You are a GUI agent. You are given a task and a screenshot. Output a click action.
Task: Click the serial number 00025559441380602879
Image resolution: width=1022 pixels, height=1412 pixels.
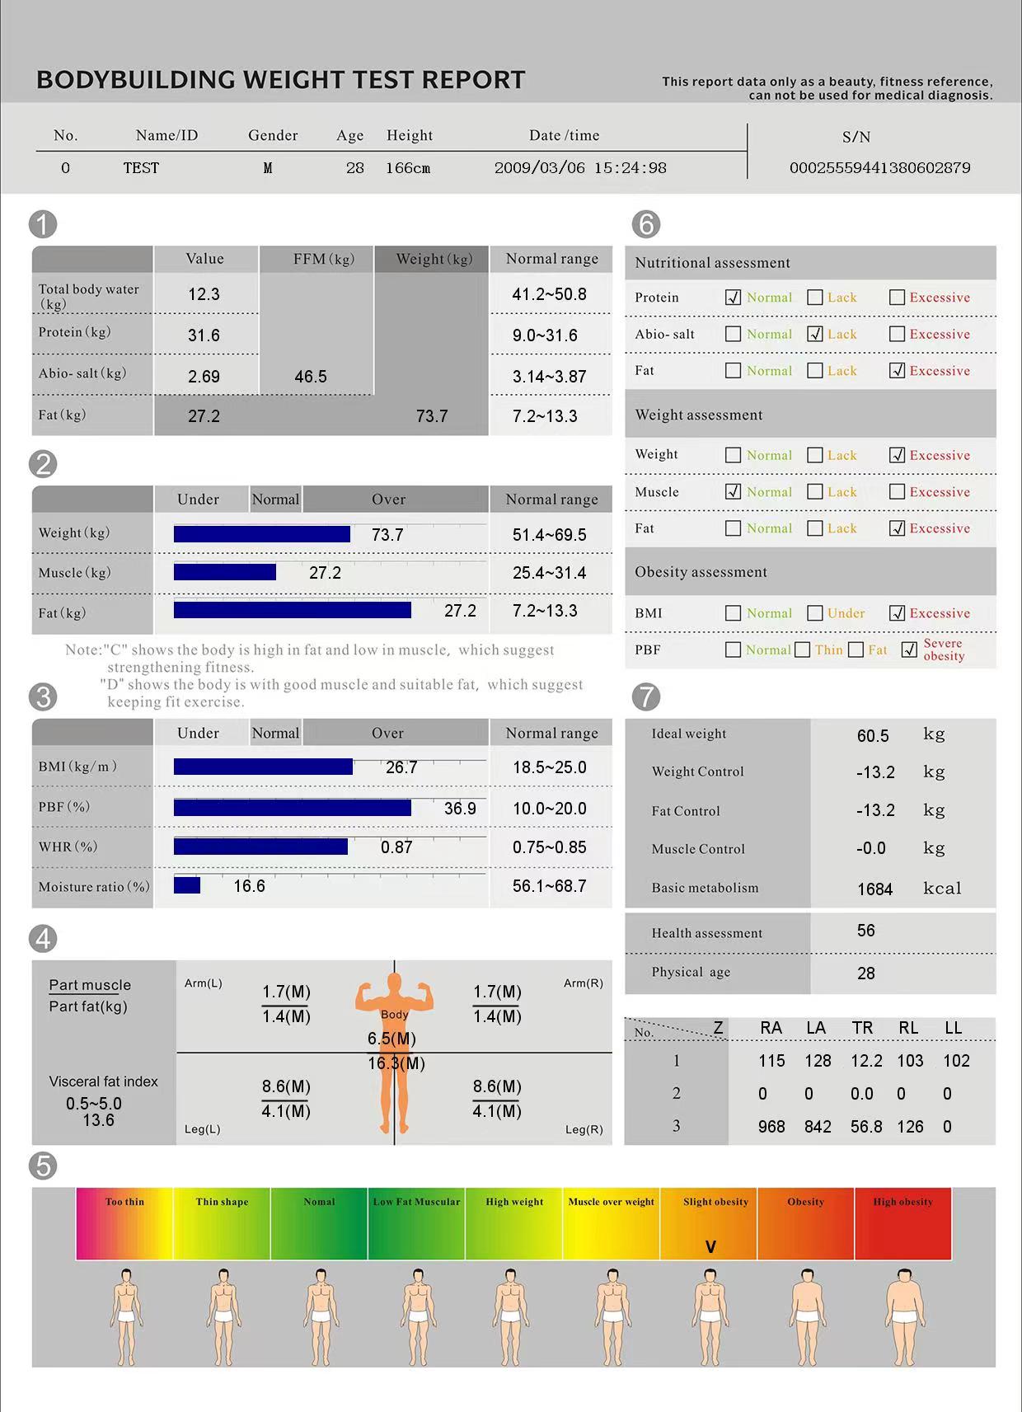click(x=879, y=168)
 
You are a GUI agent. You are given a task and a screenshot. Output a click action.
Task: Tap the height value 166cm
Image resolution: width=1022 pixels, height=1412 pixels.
click(x=408, y=168)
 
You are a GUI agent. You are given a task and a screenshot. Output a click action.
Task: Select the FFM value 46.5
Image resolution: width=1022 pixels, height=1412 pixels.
click(x=311, y=377)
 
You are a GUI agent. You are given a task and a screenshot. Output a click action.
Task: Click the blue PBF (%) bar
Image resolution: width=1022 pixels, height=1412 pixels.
click(x=293, y=808)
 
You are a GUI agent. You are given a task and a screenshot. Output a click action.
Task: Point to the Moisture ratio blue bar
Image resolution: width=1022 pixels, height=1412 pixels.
click(x=187, y=885)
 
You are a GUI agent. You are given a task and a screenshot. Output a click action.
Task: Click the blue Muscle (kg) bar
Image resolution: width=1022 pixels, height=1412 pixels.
click(x=225, y=572)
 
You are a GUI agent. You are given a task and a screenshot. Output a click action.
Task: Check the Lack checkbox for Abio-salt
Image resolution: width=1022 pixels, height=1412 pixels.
click(x=815, y=334)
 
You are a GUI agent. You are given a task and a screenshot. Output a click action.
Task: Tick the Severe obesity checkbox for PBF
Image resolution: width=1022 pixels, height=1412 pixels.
click(x=909, y=650)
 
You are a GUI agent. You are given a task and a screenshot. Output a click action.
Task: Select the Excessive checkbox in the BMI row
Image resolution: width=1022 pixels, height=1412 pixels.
click(x=898, y=613)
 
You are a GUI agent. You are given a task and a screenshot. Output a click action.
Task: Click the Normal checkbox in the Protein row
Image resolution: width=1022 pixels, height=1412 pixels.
click(x=733, y=298)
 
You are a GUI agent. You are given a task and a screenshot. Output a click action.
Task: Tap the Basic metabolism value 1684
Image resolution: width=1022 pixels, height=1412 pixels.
click(x=874, y=889)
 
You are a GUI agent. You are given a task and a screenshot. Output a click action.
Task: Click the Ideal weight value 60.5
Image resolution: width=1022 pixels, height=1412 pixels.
click(x=873, y=736)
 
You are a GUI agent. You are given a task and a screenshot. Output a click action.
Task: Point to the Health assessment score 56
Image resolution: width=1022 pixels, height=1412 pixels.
click(x=865, y=931)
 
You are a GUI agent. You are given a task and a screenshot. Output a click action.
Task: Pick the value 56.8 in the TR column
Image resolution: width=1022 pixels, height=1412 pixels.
click(x=866, y=1127)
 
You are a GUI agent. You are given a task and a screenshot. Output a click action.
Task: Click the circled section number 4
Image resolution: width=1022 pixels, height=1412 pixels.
click(x=43, y=939)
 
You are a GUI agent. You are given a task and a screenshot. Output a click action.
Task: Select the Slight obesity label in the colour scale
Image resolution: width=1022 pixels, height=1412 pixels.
click(x=715, y=1202)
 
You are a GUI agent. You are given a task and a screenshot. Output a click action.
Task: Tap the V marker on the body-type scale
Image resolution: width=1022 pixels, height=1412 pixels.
click(x=710, y=1247)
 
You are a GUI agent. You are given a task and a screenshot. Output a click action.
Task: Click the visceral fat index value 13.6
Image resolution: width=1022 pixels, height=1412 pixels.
click(x=98, y=1120)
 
